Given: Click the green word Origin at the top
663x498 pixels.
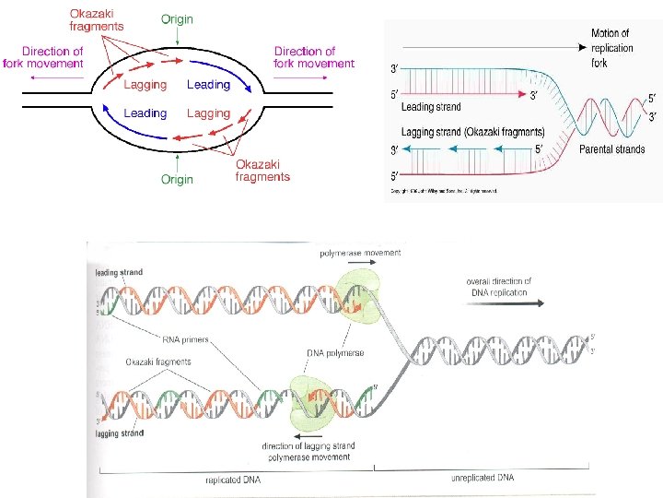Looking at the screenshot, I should (x=179, y=18).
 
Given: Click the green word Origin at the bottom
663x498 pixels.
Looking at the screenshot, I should (x=178, y=179).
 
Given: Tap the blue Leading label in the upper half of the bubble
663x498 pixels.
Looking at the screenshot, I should (x=208, y=85).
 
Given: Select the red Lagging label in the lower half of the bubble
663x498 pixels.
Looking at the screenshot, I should (x=208, y=113).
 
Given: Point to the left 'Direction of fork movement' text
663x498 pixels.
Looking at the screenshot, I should (x=52, y=57).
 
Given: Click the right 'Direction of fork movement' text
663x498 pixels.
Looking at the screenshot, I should (x=313, y=57).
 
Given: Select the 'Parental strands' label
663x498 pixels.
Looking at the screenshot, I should (x=611, y=149).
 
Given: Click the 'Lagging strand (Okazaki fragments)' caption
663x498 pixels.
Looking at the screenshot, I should (x=472, y=131).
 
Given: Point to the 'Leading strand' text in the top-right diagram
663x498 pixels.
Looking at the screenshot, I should (x=431, y=108).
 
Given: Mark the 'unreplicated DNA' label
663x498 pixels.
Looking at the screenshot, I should (x=483, y=478).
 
